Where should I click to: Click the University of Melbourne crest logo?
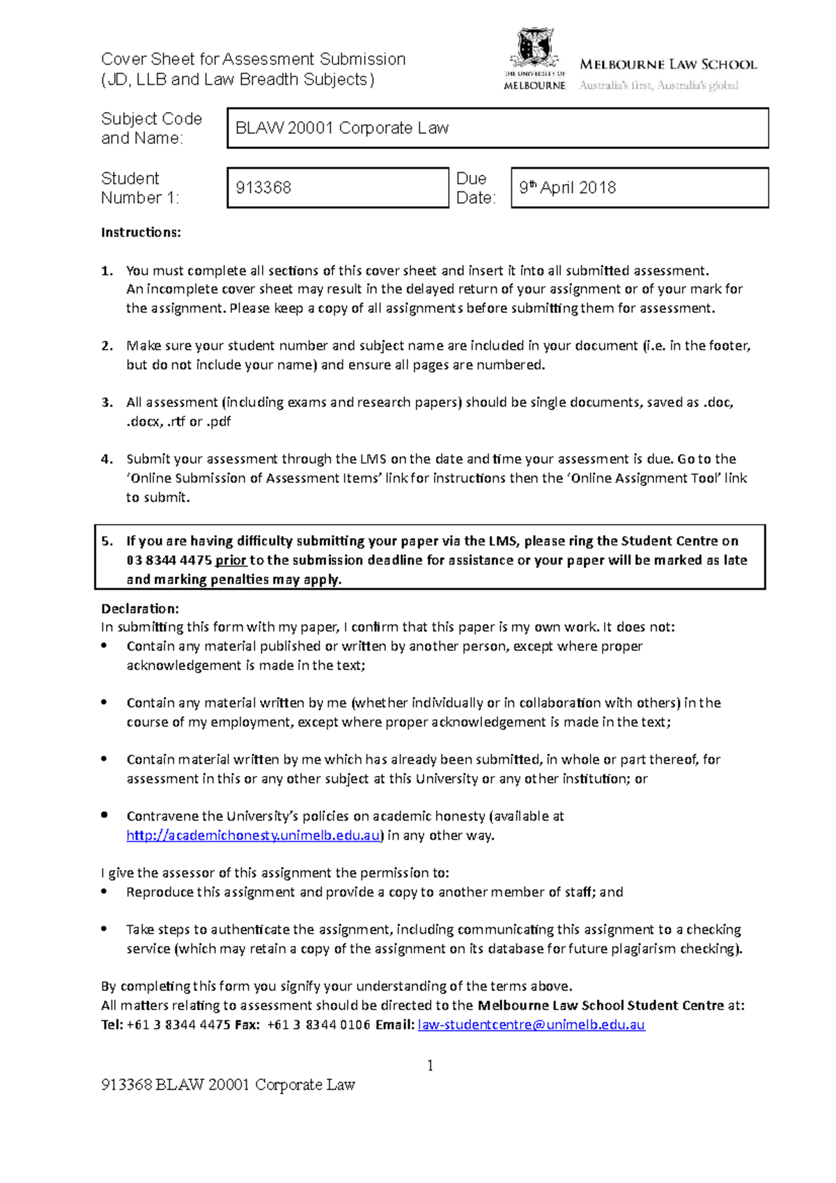click(534, 49)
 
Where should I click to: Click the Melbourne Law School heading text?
click(667, 65)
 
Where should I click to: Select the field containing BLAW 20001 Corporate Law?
click(497, 128)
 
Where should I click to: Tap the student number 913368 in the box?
click(263, 187)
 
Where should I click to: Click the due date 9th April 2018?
click(567, 187)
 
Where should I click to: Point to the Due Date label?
click(475, 188)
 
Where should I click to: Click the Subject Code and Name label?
click(151, 128)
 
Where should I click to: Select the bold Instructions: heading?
click(141, 233)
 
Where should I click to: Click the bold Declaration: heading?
click(140, 608)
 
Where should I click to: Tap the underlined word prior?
click(231, 560)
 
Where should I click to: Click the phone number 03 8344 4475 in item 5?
click(169, 560)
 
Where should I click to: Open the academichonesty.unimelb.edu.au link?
click(254, 835)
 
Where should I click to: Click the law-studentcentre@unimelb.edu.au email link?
click(531, 1024)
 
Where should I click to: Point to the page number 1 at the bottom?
click(430, 1065)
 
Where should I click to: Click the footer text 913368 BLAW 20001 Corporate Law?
click(228, 1085)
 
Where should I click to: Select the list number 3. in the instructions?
click(107, 402)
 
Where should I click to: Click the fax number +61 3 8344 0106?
click(318, 1024)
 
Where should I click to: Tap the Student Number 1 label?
click(139, 188)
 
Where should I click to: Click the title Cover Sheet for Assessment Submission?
click(253, 59)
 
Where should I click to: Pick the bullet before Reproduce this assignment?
click(104, 891)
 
